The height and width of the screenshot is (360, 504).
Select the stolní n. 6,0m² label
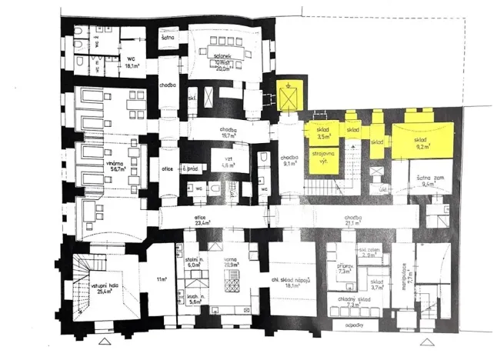[192, 262]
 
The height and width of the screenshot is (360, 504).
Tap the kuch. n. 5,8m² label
[193, 300]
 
